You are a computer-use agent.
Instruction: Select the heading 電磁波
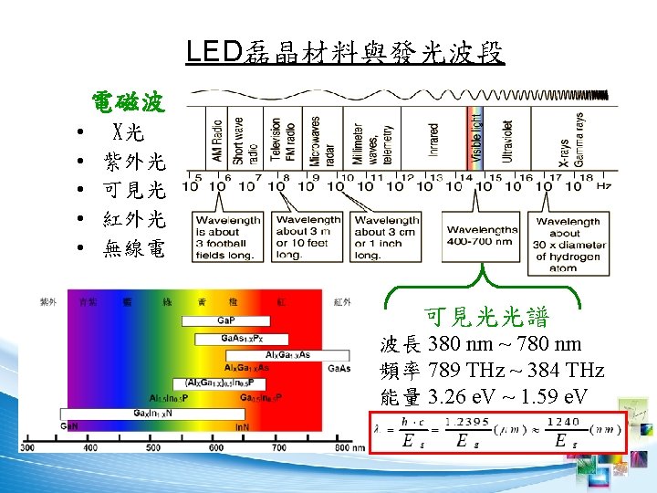[x=128, y=101]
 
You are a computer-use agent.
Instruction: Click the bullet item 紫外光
[x=134, y=162]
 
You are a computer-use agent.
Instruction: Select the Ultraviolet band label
[x=507, y=142]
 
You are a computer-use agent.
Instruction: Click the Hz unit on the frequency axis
[x=604, y=186]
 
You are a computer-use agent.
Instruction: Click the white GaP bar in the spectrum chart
[x=224, y=320]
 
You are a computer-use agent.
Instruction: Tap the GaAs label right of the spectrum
[x=338, y=368]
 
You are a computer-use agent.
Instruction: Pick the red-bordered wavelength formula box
[x=498, y=431]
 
